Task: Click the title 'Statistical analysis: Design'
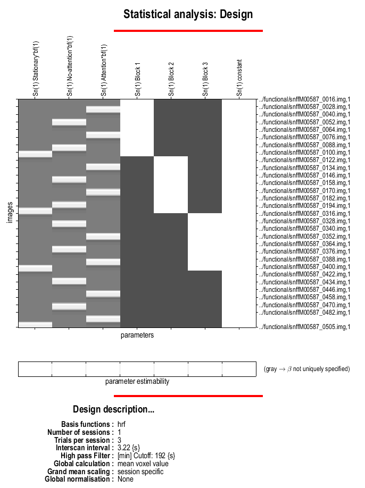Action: point(188,14)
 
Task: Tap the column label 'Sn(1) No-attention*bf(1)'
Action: point(70,66)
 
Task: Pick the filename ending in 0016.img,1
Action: point(305,100)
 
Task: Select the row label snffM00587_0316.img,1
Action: point(305,213)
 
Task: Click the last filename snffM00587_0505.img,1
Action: point(305,327)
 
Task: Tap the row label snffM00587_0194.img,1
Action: point(305,206)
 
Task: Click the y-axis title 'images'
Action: point(10,212)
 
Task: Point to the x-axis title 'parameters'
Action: point(137,335)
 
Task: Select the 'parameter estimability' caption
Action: point(137,381)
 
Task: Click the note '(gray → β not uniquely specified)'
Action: point(306,369)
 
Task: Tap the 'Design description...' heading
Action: point(113,409)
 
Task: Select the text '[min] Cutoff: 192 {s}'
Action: point(146,456)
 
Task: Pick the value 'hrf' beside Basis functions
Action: point(122,424)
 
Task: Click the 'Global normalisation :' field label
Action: point(79,479)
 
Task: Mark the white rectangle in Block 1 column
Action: point(137,128)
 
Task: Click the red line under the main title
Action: point(188,31)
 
